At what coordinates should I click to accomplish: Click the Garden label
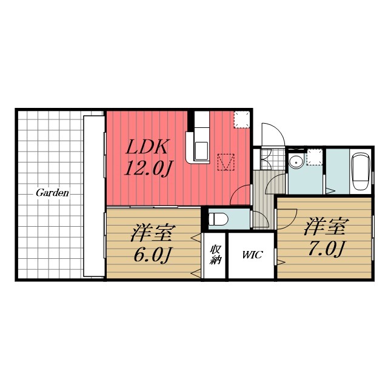click(52, 193)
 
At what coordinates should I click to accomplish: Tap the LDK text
click(147, 147)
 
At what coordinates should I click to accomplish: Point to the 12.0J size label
click(149, 169)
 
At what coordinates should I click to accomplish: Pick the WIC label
click(252, 255)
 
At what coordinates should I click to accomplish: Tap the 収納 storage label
click(215, 255)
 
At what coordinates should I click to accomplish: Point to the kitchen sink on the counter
click(201, 151)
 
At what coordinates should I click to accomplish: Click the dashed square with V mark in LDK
click(226, 162)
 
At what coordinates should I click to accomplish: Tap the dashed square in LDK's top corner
click(242, 120)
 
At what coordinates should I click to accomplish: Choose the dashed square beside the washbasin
click(315, 157)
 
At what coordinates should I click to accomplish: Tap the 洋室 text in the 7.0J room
click(327, 226)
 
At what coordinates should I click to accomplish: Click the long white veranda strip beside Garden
click(94, 196)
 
